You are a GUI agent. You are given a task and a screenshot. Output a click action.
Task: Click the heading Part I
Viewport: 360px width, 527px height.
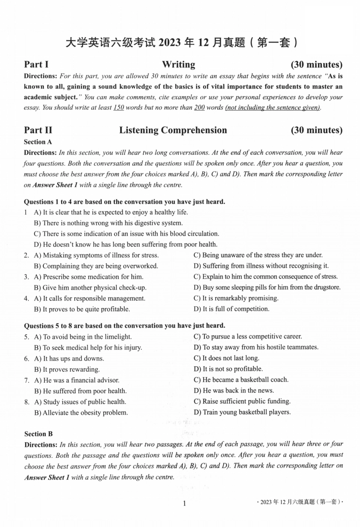36,64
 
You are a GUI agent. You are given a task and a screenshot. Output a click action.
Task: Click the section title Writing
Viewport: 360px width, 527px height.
178,64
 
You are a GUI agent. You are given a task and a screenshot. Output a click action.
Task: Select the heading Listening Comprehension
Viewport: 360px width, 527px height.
173,130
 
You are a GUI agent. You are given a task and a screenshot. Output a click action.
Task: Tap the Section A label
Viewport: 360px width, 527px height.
38,142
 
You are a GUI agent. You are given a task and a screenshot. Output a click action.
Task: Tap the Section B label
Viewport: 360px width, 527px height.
38,434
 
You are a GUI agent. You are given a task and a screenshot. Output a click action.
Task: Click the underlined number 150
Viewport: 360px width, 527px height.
119,108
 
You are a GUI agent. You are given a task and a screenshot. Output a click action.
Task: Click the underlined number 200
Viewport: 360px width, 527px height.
199,108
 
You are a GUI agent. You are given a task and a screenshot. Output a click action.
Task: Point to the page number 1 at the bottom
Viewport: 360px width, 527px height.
184,503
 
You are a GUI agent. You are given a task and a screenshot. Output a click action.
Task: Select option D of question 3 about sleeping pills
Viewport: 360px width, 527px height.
267,287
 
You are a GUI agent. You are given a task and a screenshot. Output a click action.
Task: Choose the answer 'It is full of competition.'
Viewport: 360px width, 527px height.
232,309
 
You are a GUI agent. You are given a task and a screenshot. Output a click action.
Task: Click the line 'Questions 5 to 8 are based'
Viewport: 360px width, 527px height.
124,326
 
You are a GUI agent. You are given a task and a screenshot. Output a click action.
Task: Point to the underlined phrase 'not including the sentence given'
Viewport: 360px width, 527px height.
272,108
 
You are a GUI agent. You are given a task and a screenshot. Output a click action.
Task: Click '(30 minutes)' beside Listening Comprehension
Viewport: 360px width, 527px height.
316,130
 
